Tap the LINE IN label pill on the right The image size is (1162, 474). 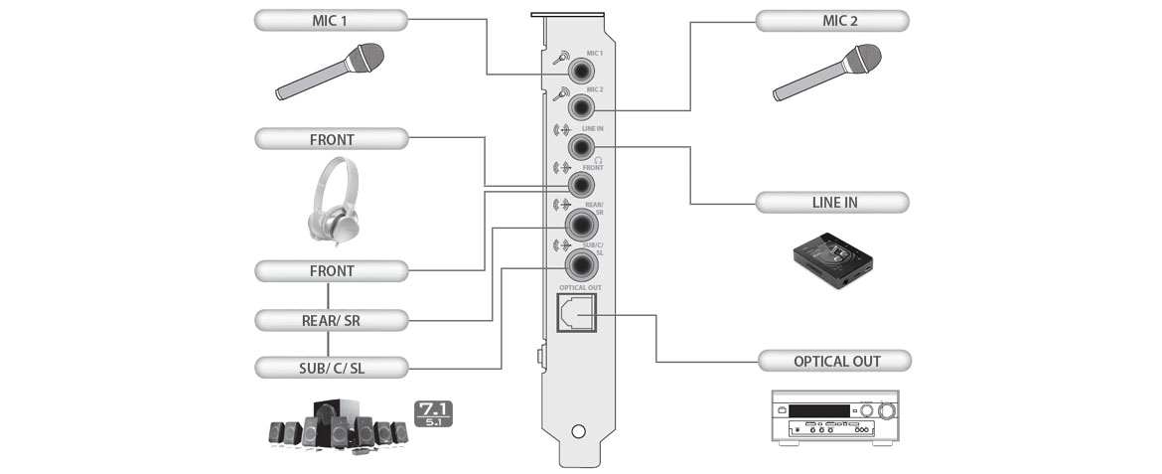(832, 203)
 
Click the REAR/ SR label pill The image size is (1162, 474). (330, 320)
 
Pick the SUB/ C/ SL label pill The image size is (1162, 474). (330, 368)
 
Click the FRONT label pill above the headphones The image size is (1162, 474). (330, 139)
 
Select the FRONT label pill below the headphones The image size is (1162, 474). (330, 270)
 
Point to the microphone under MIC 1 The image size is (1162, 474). (330, 72)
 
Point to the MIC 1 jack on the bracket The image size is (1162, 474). (580, 71)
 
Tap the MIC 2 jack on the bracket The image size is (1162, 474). (580, 108)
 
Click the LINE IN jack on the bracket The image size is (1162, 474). (580, 147)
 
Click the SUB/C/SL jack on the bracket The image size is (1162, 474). (580, 264)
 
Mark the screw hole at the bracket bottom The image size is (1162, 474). (579, 433)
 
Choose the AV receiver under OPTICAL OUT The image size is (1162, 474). (832, 418)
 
